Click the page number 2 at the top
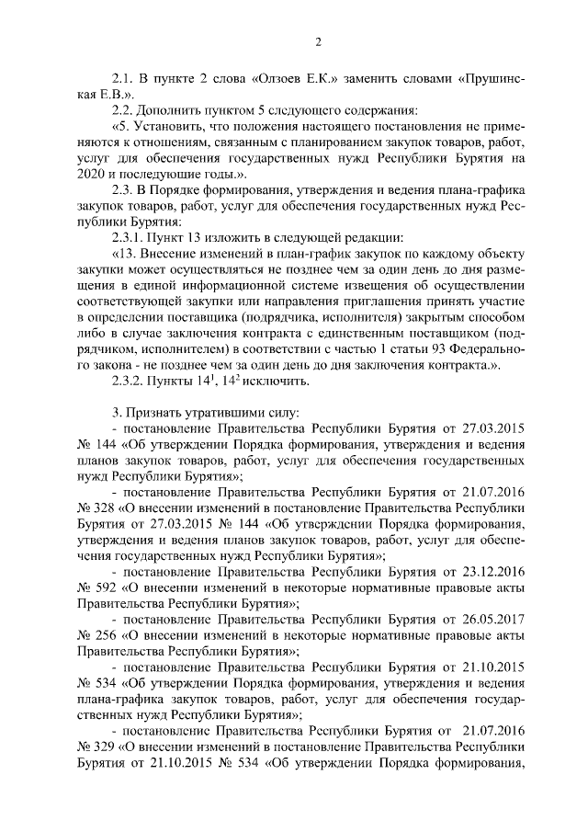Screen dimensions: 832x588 318,42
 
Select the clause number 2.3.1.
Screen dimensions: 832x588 128,237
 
